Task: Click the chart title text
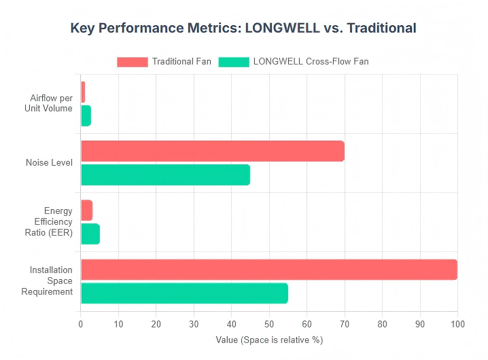pyautogui.click(x=243, y=29)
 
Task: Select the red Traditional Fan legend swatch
pyautogui.click(x=132, y=62)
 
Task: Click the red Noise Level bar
pyautogui.click(x=212, y=151)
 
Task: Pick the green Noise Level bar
pyautogui.click(x=165, y=175)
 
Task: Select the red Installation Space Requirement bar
pyautogui.click(x=268, y=269)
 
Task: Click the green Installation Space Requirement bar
pyautogui.click(x=184, y=293)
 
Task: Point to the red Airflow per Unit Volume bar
pyautogui.click(x=83, y=92)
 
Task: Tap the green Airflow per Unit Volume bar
pyautogui.click(x=86, y=115)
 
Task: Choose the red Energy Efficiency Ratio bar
pyautogui.click(x=86, y=210)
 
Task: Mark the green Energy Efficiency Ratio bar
pyautogui.click(x=90, y=234)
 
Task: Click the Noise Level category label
pyautogui.click(x=49, y=163)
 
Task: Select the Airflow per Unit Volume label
pyautogui.click(x=51, y=103)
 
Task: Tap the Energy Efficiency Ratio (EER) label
pyautogui.click(x=54, y=222)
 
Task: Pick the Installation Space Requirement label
pyautogui.click(x=51, y=281)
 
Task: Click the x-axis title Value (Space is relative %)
pyautogui.click(x=269, y=340)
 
